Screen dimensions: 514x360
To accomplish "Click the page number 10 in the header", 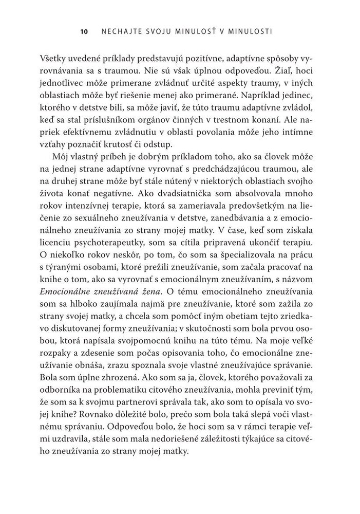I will pos(85,32).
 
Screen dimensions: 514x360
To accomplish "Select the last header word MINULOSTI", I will pos(249,32).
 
